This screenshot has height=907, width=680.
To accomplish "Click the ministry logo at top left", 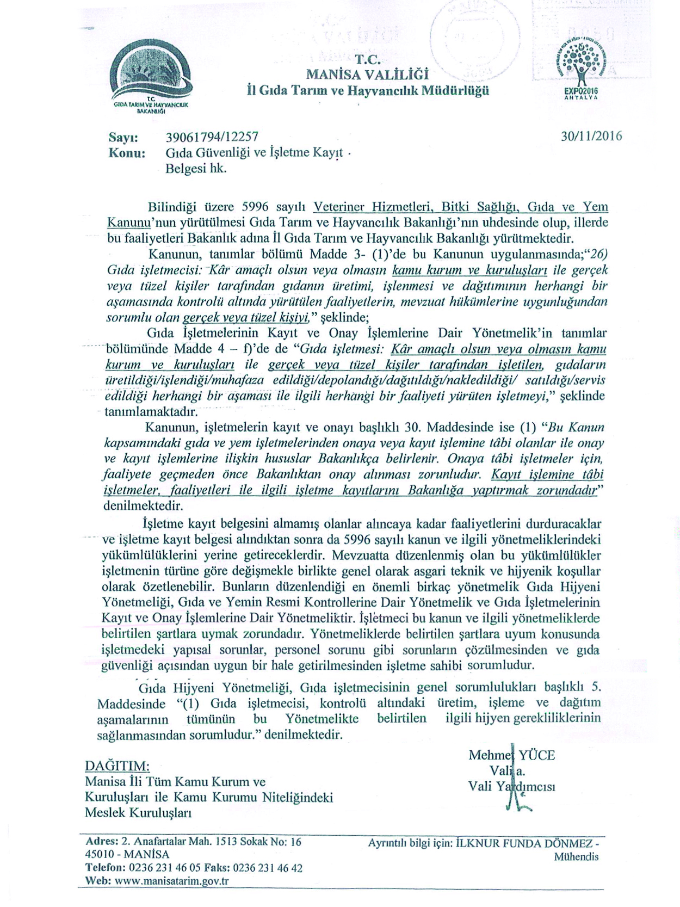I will [x=150, y=81].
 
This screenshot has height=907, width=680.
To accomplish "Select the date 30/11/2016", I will [x=591, y=136].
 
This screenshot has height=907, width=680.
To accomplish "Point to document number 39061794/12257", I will [x=212, y=137].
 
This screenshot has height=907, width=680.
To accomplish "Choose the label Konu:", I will [x=127, y=153].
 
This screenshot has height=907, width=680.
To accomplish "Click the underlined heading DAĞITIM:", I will [x=117, y=766].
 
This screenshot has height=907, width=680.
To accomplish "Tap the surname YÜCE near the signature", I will [x=536, y=755].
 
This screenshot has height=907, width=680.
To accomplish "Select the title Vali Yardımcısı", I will [x=511, y=786].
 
